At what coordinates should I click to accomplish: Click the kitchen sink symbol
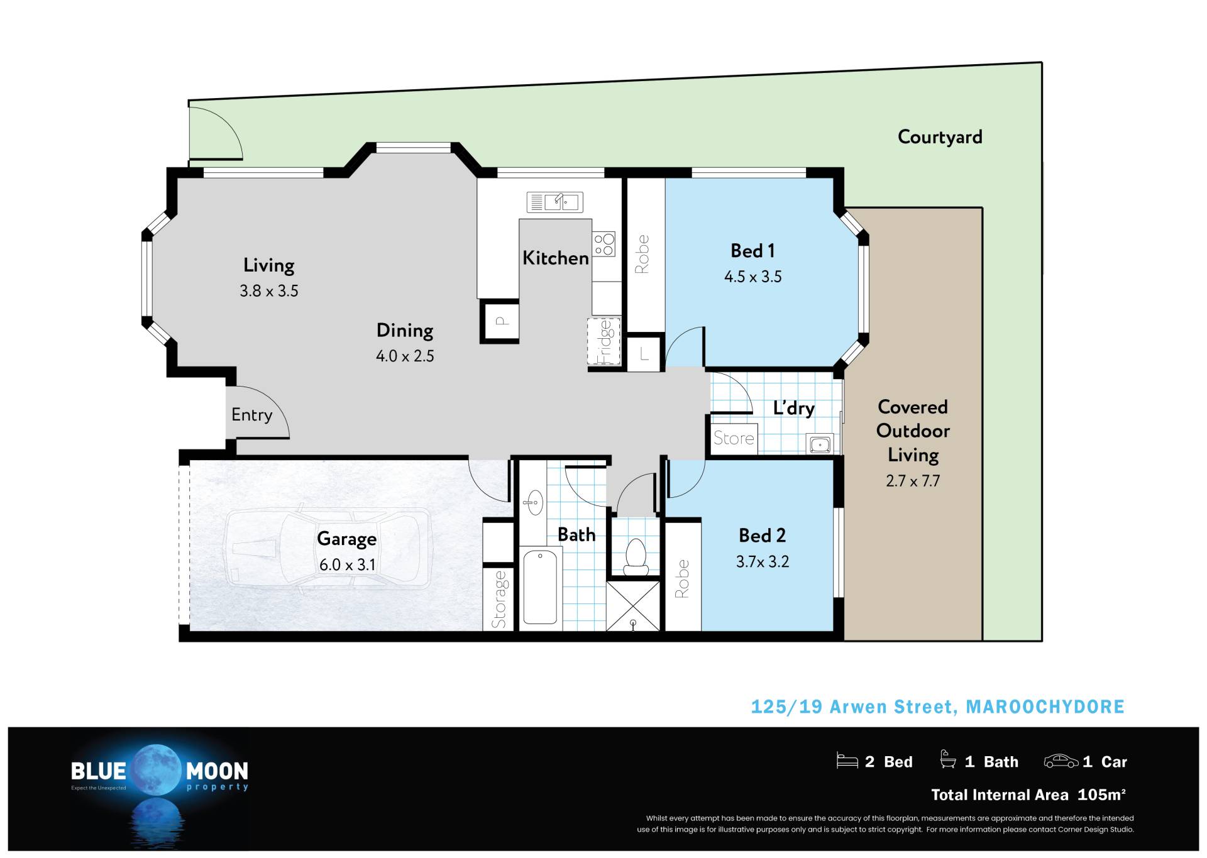coord(554,202)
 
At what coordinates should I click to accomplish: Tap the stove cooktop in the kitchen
coord(603,245)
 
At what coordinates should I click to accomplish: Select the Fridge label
coord(604,342)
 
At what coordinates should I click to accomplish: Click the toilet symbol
coord(636,557)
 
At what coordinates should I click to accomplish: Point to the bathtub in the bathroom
coord(540,587)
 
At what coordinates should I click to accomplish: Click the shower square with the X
coord(634,606)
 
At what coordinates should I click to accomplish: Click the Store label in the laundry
coord(734,438)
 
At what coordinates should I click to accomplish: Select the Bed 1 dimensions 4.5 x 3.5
coord(753,277)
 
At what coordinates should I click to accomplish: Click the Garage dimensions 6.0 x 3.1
coord(348,564)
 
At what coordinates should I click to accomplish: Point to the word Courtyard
coord(940,137)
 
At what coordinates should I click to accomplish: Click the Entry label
coord(251,415)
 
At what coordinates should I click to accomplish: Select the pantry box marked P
coord(500,321)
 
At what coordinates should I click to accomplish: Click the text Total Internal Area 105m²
coord(1028,795)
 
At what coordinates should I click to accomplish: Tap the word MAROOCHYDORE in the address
coord(1045,707)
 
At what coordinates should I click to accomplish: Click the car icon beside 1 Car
coord(1061,761)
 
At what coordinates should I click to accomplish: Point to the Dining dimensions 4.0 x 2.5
coord(405,356)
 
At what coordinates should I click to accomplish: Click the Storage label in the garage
coord(499,599)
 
